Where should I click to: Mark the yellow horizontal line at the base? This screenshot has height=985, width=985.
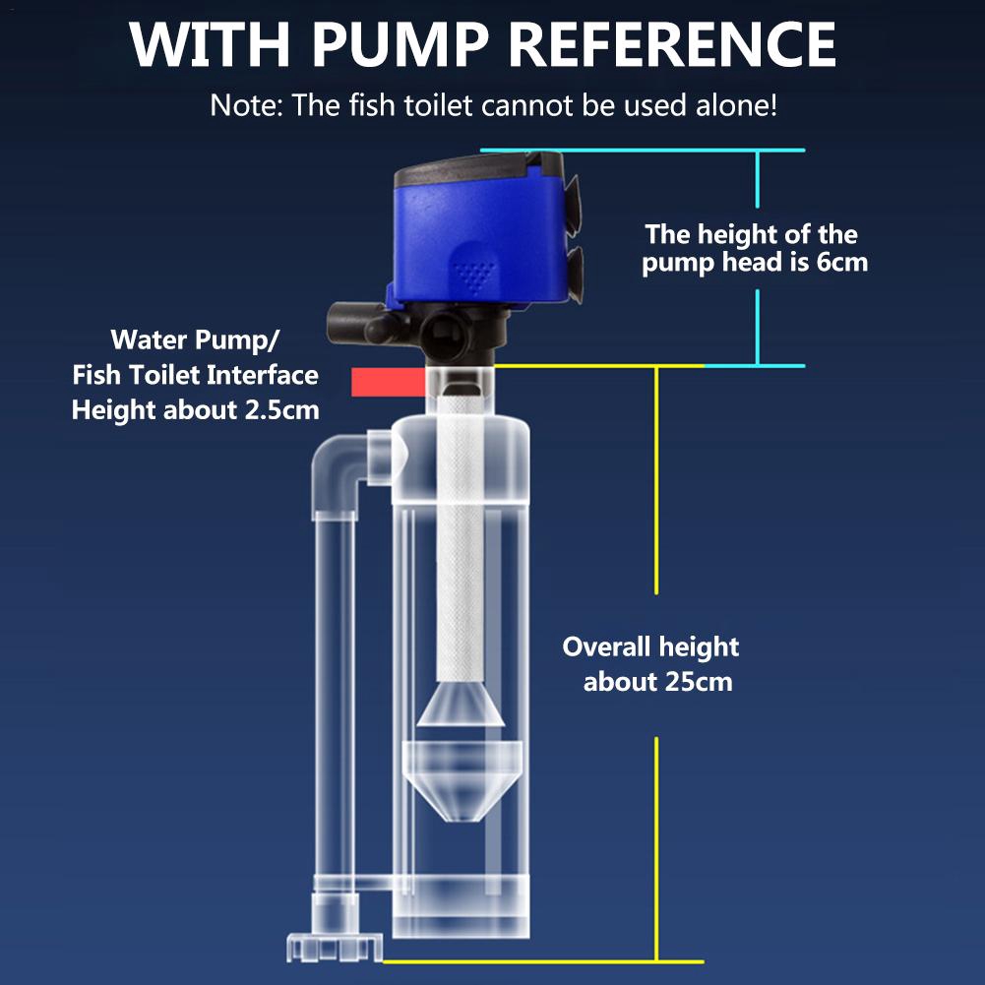(541, 961)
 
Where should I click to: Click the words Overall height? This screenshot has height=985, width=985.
(650, 646)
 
